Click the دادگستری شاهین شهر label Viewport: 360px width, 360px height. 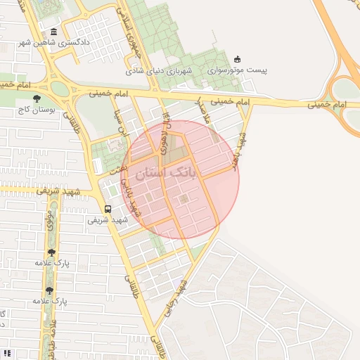click(x=84, y=41)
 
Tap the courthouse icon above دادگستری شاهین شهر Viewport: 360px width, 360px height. click(x=54, y=32)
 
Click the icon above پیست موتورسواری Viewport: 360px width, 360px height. click(x=237, y=59)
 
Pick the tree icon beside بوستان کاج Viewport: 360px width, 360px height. click(x=37, y=98)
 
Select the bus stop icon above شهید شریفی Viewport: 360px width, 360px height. click(x=108, y=209)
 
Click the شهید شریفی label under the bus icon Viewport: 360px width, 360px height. click(x=108, y=219)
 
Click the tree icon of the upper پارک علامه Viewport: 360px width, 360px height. click(x=51, y=252)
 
